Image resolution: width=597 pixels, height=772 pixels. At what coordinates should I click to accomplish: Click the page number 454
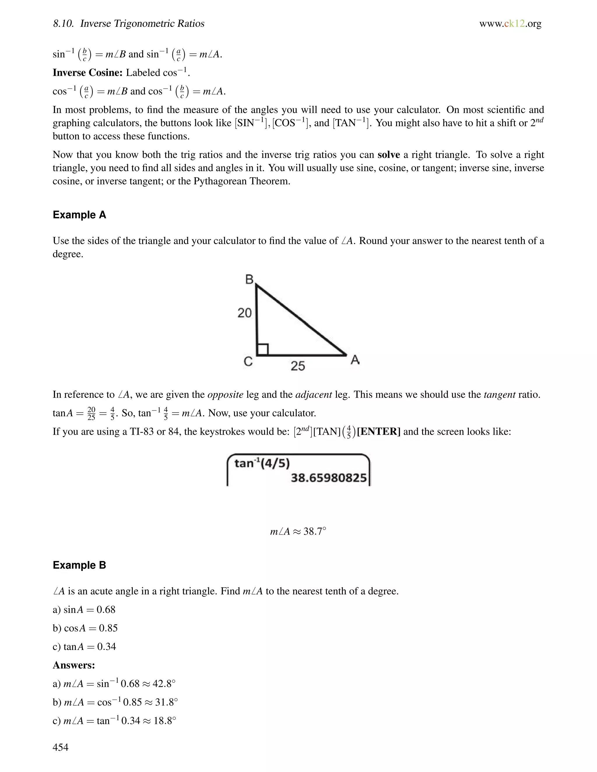[60, 747]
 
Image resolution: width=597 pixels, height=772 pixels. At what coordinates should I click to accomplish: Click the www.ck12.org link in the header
[510, 24]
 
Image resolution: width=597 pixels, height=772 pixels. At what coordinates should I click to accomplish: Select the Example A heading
[79, 215]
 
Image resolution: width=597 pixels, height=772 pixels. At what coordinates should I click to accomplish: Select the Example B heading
[79, 565]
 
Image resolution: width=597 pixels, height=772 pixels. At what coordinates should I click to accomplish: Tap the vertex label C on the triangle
[248, 362]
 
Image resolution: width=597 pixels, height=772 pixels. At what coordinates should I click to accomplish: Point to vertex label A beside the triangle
[355, 360]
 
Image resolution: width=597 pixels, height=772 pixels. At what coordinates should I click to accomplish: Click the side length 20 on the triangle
[244, 313]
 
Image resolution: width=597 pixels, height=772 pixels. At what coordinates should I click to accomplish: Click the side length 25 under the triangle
[298, 366]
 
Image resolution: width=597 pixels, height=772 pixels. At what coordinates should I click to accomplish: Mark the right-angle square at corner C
[262, 350]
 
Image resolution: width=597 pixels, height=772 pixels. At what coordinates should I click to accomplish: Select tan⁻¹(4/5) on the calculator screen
[262, 463]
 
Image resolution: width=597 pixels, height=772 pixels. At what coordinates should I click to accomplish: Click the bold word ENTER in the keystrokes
[378, 432]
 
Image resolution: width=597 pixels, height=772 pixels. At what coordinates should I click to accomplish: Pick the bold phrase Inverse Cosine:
[88, 73]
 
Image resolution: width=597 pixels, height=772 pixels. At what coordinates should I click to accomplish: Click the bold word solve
[388, 155]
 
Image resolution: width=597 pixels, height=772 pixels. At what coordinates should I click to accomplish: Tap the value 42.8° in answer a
[164, 684]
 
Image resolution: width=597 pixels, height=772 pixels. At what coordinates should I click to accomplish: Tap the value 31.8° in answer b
[166, 702]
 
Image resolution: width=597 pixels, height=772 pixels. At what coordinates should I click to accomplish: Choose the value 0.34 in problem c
[106, 646]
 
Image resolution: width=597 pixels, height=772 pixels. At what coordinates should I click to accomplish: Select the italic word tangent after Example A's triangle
[499, 394]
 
